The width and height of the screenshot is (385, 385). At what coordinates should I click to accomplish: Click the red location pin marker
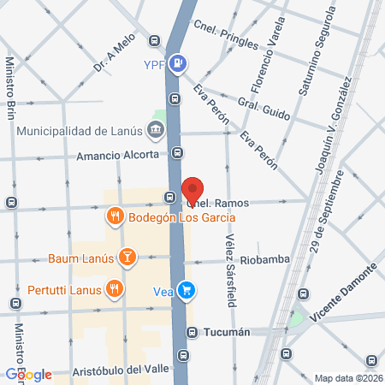193,191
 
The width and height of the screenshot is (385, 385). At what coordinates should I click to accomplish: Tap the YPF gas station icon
177,62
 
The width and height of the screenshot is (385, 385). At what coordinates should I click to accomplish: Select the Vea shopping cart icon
187,291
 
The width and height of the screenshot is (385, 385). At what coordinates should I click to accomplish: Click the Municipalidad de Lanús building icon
156,131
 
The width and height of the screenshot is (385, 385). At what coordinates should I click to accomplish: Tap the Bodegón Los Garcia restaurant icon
115,216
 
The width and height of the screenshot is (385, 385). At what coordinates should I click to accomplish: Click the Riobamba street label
264,258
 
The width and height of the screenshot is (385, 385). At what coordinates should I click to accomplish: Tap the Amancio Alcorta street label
117,155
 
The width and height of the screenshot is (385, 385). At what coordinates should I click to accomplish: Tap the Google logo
28,374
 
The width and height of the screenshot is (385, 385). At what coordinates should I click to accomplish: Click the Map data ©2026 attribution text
347,378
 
